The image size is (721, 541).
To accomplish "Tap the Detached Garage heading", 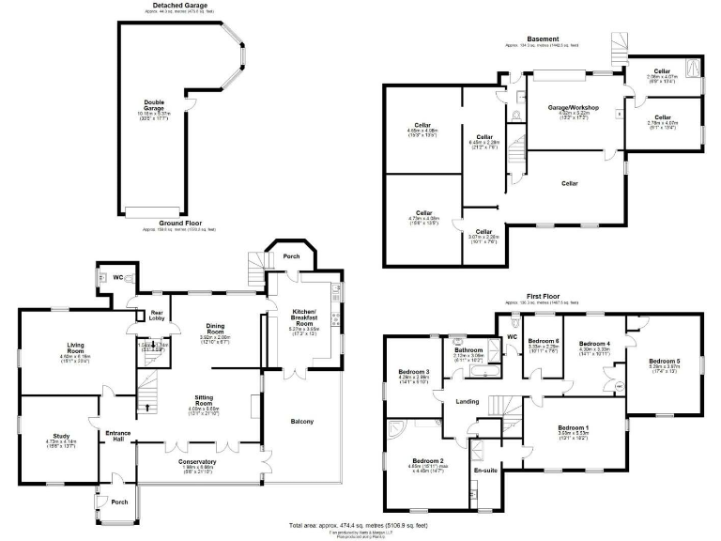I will [x=179, y=5].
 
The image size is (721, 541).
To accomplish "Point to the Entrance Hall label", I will [x=117, y=435].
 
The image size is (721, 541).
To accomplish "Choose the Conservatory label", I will [x=197, y=461].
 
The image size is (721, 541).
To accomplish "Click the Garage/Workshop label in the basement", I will [x=574, y=108].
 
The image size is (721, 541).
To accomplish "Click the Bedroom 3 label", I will [x=414, y=373].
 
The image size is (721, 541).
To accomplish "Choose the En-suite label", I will [x=484, y=469].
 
